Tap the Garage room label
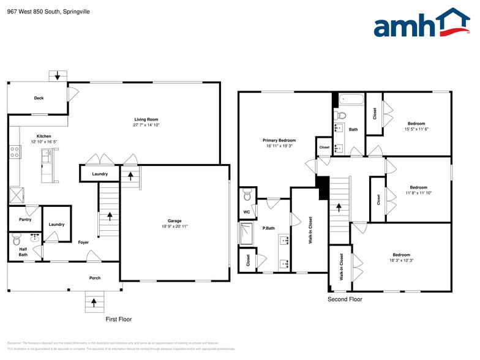point(174,221)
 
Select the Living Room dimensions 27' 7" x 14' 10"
point(146,125)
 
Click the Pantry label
point(25,219)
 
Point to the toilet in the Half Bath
point(16,239)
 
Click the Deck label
point(39,98)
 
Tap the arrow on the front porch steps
point(94,301)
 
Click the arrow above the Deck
point(58,76)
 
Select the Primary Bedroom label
point(279,140)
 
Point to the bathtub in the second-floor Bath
point(351,99)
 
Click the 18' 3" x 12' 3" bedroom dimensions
point(402,261)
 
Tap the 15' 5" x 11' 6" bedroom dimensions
point(416,129)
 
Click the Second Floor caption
point(345,299)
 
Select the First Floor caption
point(119,319)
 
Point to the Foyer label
point(83,242)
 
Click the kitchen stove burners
point(15,152)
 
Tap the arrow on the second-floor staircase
point(337,207)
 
